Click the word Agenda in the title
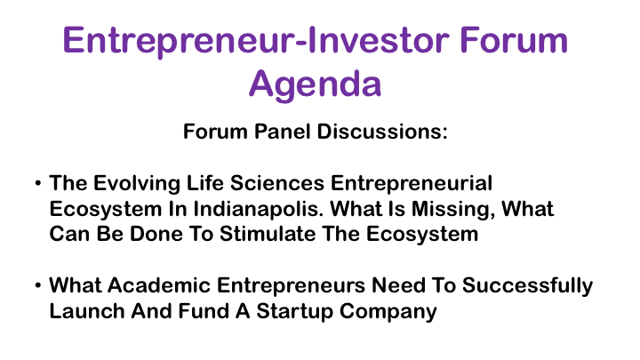[x=315, y=85]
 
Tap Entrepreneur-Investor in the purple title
[x=256, y=41]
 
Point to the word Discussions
[x=382, y=132]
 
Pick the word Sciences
[x=277, y=183]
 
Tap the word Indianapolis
[x=259, y=210]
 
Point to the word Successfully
[x=527, y=286]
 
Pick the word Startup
[x=295, y=312]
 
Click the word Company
[x=388, y=312]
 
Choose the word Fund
[x=204, y=311]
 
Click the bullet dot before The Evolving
[x=38, y=183]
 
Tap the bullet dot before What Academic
[x=38, y=285]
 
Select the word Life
[x=205, y=183]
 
